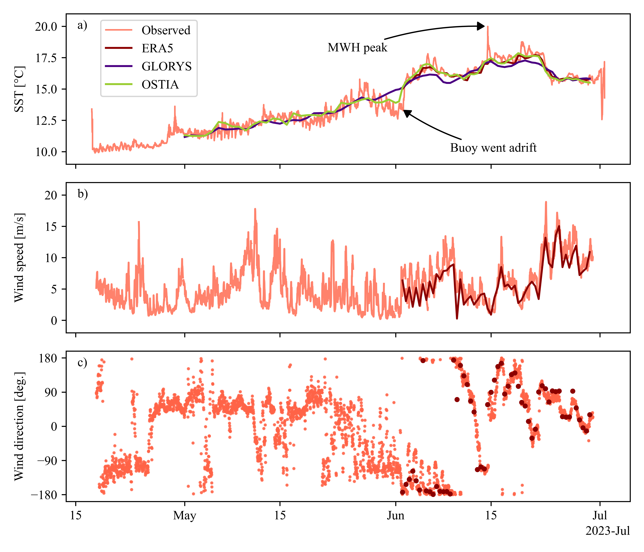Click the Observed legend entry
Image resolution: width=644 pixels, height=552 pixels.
coord(166,30)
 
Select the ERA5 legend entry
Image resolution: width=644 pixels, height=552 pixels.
coord(157,48)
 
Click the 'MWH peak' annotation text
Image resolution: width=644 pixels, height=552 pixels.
coord(357,48)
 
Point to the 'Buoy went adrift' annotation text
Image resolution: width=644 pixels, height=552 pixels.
coord(493,148)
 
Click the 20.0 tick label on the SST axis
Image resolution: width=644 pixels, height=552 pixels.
coord(46,27)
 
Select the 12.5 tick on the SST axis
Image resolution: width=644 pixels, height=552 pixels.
coord(46,121)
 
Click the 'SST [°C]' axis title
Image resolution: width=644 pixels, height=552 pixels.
coord(19,89)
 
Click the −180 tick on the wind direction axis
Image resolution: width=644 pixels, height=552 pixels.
coord(44,495)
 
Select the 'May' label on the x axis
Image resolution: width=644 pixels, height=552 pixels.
coord(185,516)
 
